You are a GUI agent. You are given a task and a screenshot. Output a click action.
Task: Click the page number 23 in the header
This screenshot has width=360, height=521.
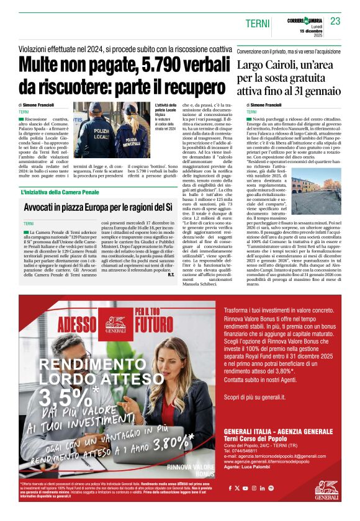336,21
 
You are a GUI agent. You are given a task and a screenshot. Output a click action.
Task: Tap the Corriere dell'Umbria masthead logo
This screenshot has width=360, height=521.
305,20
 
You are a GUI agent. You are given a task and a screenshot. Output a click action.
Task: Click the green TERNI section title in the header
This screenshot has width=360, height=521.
258,23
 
